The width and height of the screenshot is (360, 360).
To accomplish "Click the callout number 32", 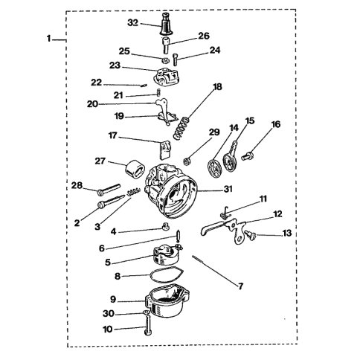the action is pos(132,23).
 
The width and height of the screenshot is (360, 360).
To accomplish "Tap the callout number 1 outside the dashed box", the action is pos(49,39).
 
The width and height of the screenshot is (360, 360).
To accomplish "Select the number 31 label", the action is pos(228,189).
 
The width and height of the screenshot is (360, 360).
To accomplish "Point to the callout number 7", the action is pos(240,286).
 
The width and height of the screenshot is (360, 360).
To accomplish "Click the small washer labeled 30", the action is pos(146,312).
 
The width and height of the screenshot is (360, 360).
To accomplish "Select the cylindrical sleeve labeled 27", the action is pos(135,169).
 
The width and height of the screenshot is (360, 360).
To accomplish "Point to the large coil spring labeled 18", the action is pos(181,129).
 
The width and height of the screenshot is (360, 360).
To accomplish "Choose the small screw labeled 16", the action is pos(247,156).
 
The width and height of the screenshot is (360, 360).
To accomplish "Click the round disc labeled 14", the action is pos(213,168).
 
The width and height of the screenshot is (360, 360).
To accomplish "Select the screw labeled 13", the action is pos(251,235).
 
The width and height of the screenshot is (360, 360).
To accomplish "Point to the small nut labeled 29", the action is pos(187,161).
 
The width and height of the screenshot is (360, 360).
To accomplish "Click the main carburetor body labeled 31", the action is pos(171,189).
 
